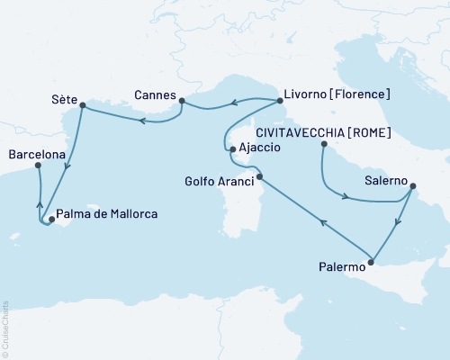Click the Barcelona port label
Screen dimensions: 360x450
(x=36, y=155)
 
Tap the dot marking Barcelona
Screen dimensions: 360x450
(x=38, y=166)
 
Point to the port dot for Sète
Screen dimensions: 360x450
(x=82, y=106)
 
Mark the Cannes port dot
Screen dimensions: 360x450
(x=181, y=101)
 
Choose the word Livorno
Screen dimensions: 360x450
(x=306, y=94)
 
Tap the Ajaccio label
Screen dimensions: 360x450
(x=262, y=149)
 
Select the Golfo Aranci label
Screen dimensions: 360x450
(x=217, y=179)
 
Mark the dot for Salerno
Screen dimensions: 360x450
(x=412, y=187)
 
